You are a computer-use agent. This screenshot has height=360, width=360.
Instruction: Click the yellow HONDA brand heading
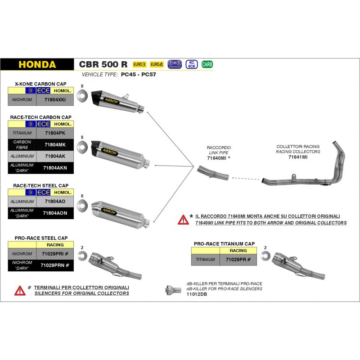click(37, 64)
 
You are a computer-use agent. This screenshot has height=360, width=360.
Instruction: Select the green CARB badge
click(207, 64)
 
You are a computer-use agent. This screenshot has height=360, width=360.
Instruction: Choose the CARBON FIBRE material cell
click(22, 144)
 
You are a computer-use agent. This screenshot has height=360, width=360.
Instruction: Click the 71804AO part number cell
click(56, 202)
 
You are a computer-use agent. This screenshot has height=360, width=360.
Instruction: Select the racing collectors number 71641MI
click(297, 157)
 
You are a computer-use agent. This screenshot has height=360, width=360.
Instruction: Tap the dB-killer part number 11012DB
click(196, 294)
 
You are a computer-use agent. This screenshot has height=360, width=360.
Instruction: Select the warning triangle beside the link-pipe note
click(183, 220)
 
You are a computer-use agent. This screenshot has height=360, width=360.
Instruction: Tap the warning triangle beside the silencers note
click(20, 290)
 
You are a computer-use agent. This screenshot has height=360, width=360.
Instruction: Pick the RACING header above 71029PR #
click(238, 250)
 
